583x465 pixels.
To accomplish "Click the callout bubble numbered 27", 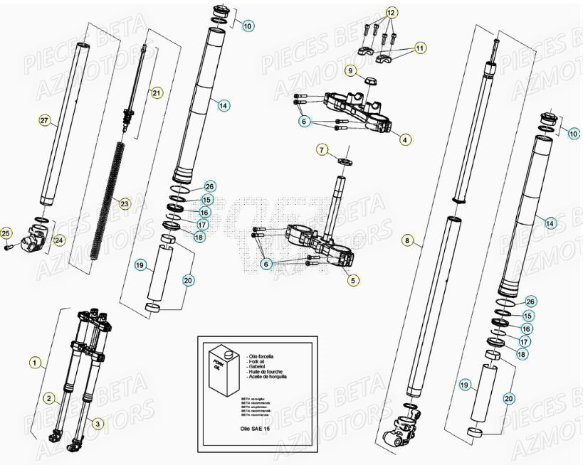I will (x=43, y=122).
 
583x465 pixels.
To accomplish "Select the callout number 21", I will (x=157, y=92).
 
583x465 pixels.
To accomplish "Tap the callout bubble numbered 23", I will (x=125, y=204).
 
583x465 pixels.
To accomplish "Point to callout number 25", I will (x=6, y=233).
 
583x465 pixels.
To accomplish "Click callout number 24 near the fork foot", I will (x=59, y=240).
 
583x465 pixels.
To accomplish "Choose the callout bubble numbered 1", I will (x=33, y=362).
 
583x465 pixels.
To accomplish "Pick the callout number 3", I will (x=98, y=423).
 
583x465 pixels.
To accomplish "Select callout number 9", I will (x=350, y=70).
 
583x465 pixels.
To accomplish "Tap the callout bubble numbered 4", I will (x=404, y=139).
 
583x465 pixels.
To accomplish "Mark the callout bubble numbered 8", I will (x=407, y=241).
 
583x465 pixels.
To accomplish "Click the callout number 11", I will (x=420, y=48).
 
